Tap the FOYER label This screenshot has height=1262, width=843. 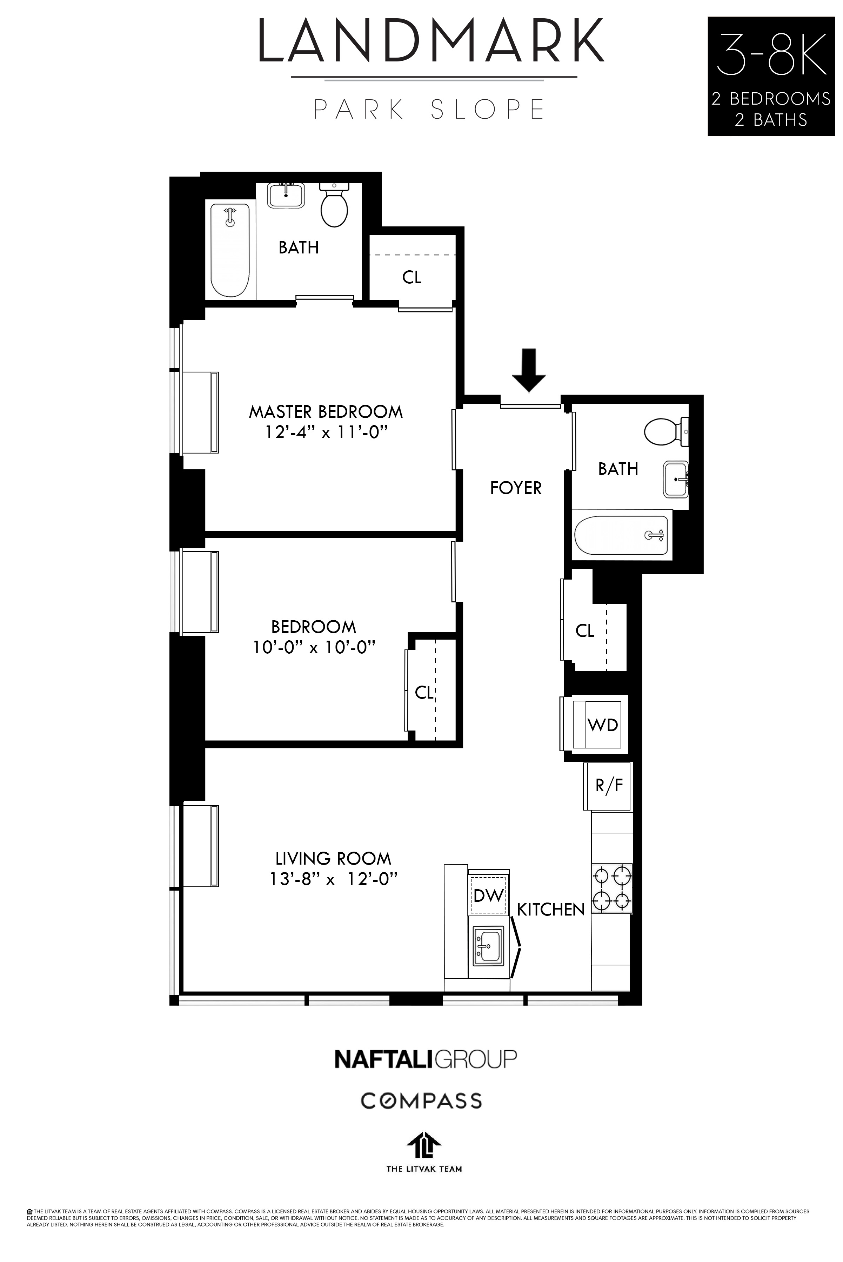(516, 488)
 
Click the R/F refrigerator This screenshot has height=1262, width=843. (609, 786)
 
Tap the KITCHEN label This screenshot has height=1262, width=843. (550, 910)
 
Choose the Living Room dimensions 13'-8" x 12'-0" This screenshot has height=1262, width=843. (333, 879)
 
